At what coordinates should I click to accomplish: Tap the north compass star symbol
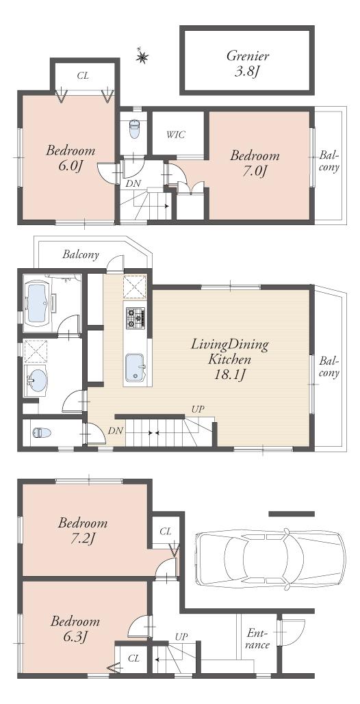tap(142, 57)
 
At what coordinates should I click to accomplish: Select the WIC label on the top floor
tap(176, 135)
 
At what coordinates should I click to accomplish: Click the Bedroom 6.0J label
tap(70, 158)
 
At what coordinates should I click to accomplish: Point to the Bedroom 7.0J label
tap(255, 163)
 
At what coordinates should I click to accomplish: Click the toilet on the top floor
tap(134, 128)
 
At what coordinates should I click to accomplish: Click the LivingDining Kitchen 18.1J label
tap(230, 358)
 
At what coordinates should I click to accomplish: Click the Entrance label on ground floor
tap(257, 639)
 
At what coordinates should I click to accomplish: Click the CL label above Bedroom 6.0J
tap(83, 75)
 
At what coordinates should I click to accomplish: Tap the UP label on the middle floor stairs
tap(198, 409)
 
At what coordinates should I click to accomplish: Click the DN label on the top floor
tap(133, 183)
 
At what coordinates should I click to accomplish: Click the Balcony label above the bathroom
tap(81, 255)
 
